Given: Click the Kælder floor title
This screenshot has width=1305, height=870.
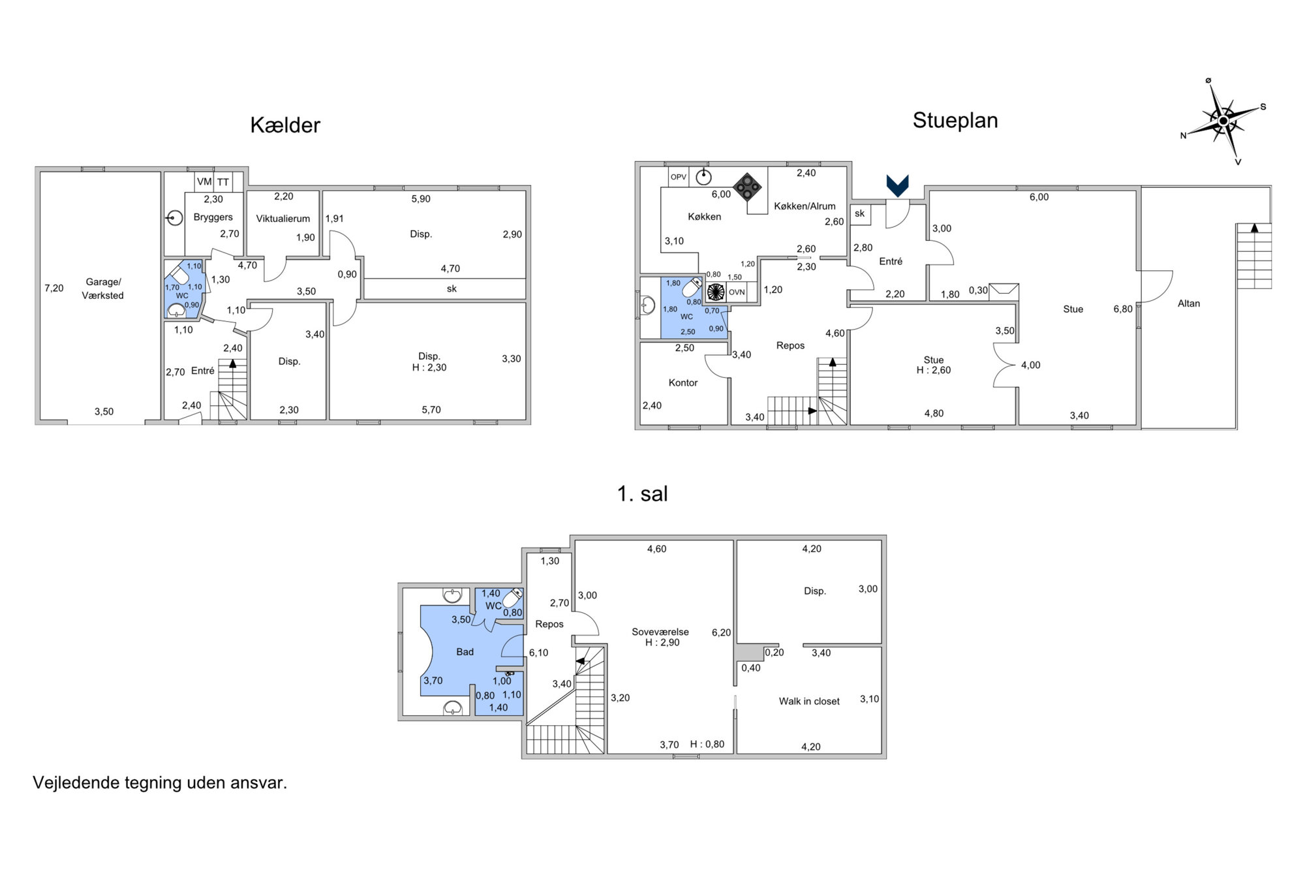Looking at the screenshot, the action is coord(285,125).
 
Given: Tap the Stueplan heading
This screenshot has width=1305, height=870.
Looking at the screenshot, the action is coord(955,121).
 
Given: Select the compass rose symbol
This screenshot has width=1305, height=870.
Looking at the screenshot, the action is coord(1223,121).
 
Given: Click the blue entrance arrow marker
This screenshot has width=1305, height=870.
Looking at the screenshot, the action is coord(897,186).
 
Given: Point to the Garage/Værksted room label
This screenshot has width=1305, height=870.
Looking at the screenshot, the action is coord(103,288).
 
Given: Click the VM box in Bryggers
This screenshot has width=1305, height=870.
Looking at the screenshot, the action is coord(204,182).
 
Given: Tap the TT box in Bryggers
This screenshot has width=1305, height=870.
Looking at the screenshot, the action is coord(223,182).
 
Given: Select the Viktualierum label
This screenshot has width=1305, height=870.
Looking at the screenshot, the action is coord(283,219).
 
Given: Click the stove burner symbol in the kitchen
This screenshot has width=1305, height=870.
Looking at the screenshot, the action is coord(747,186).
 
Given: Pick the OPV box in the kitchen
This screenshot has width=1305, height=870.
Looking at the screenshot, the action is coord(679,177).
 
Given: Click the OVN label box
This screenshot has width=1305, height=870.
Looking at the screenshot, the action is coord(737,292).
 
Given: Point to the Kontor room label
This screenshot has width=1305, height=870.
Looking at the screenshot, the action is coord(683,382).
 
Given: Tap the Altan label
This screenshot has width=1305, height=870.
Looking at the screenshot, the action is coord(1189,303).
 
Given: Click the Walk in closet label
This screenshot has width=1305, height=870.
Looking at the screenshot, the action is coord(809,701).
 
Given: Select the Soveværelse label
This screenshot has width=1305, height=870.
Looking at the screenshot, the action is coord(660,632).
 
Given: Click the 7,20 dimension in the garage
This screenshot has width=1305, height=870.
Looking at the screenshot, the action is coord(54,288).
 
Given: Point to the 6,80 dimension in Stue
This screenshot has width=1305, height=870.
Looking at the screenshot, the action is coord(1123,309).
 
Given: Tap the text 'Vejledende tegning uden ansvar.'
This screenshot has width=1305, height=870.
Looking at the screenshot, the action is coord(160,783).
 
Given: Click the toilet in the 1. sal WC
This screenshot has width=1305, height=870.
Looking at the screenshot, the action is coord(514,598).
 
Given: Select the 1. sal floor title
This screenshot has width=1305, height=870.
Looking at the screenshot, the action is coord(643,494).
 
